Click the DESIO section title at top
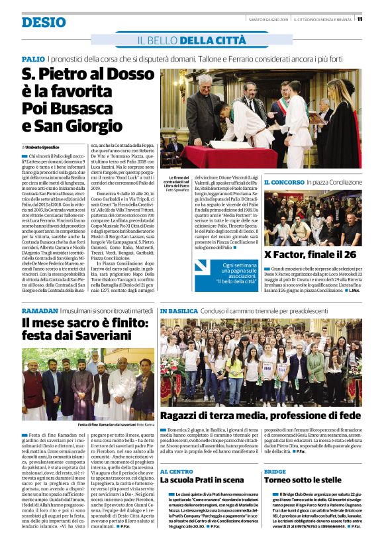43,22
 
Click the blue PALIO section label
32,60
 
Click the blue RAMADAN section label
39,310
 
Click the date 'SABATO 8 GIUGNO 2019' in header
267,19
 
